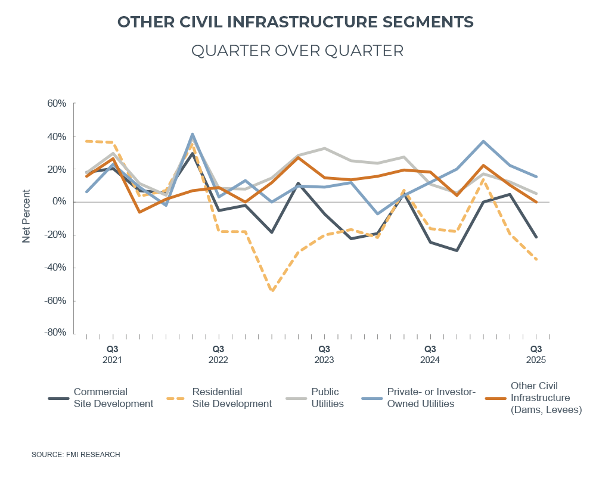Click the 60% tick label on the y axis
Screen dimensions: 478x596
(57, 104)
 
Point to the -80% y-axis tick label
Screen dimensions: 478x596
(55, 333)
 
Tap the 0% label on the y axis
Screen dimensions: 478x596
(60, 202)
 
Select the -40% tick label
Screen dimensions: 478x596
(55, 268)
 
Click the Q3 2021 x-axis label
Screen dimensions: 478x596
(113, 354)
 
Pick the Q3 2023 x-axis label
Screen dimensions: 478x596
(324, 354)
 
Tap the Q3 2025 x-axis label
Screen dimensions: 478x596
(536, 354)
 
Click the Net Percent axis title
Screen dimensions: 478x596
(26, 216)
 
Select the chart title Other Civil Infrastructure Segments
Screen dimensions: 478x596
(296, 22)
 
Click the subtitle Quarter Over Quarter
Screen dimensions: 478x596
(297, 51)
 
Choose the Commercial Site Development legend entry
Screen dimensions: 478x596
(113, 398)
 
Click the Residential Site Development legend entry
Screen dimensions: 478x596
(231, 398)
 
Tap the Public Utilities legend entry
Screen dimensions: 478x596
(327, 398)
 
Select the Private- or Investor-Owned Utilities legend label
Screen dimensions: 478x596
(430, 398)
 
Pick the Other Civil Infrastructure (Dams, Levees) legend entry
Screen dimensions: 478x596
(546, 398)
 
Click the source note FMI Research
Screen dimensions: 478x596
(76, 455)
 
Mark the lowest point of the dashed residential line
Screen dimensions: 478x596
(272, 291)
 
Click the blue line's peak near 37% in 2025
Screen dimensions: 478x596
(483, 141)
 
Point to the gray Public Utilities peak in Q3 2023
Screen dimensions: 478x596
(324, 148)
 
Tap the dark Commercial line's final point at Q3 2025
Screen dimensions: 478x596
(536, 237)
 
